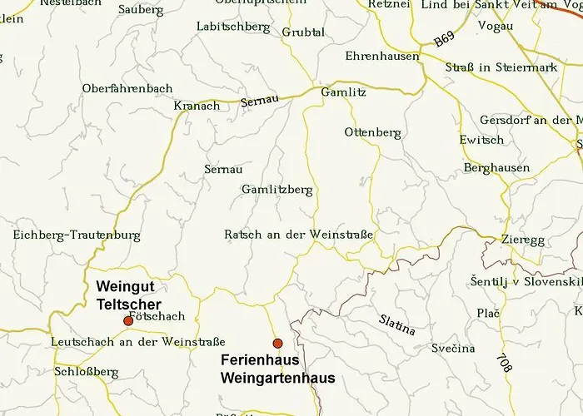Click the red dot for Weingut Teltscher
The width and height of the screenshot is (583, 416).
[x=127, y=320]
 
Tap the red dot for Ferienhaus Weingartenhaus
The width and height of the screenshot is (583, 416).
[x=277, y=343]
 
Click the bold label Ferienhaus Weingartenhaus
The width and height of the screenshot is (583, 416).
[x=277, y=369]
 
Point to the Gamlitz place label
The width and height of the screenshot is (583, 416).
[x=343, y=92]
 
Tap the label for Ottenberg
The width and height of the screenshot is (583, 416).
[x=372, y=132]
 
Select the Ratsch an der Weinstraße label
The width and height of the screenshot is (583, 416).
[x=298, y=235]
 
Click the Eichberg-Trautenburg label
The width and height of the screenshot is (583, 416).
[x=77, y=235]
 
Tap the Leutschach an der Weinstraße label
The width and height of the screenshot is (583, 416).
[x=137, y=341]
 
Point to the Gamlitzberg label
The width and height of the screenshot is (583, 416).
[x=277, y=190]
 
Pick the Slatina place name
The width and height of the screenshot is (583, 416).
[x=396, y=324]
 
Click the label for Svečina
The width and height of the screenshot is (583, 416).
[x=453, y=348]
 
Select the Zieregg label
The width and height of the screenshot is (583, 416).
[x=523, y=240]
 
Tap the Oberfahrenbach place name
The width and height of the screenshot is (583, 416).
[x=127, y=89]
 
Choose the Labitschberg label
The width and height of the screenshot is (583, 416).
[x=233, y=27]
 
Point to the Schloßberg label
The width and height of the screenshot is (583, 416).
[x=86, y=371]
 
